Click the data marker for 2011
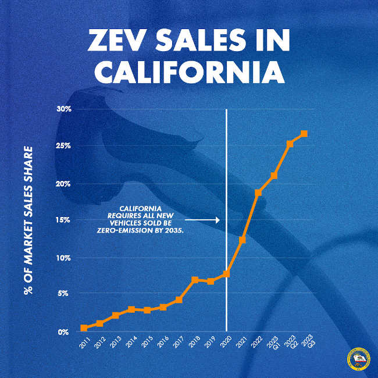click(x=84, y=328)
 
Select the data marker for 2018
click(x=195, y=280)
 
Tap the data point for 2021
click(x=243, y=240)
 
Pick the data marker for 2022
click(x=258, y=192)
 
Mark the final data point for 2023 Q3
click(x=304, y=134)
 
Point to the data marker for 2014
click(x=131, y=309)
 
